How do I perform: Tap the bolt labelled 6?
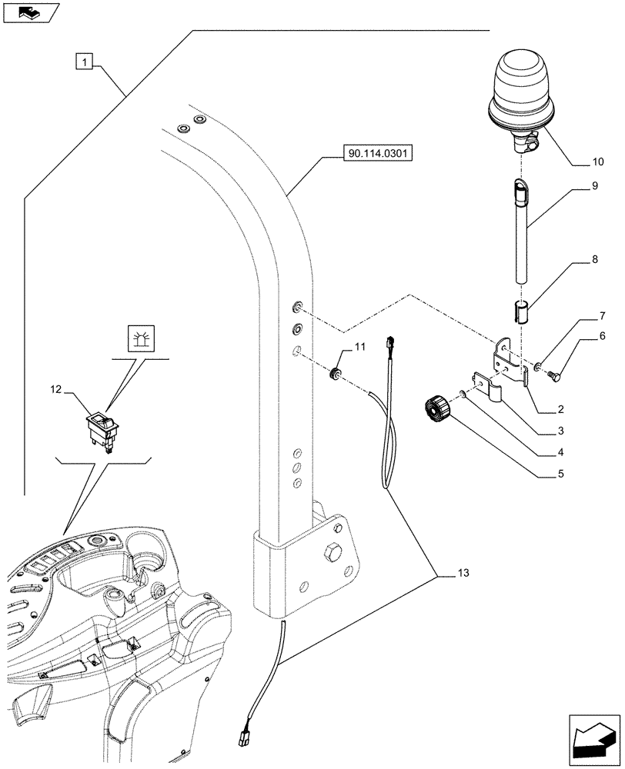(x=554, y=375)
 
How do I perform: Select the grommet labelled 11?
(x=336, y=375)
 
